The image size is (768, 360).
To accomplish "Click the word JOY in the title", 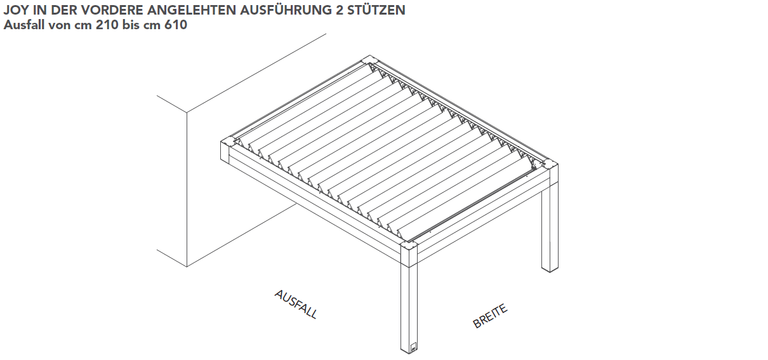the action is [16, 10].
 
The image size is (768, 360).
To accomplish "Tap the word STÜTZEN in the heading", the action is [376, 10].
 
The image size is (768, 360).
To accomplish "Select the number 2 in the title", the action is [338, 10].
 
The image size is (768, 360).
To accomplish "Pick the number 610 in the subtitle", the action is [176, 25].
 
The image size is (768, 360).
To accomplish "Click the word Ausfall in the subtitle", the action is [24, 25].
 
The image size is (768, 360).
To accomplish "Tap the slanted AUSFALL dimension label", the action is [296, 305].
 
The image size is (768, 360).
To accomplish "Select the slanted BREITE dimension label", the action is [490, 316].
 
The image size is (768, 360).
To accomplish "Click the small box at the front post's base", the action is [413, 347].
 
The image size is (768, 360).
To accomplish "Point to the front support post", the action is [409, 309].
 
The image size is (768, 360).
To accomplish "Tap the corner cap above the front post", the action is [409, 246].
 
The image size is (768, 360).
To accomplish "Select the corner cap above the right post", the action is [550, 164].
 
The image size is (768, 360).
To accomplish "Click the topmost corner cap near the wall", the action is [369, 60].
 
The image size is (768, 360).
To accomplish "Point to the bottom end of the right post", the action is [550, 270].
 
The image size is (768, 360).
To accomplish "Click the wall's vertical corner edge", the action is [187, 190].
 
